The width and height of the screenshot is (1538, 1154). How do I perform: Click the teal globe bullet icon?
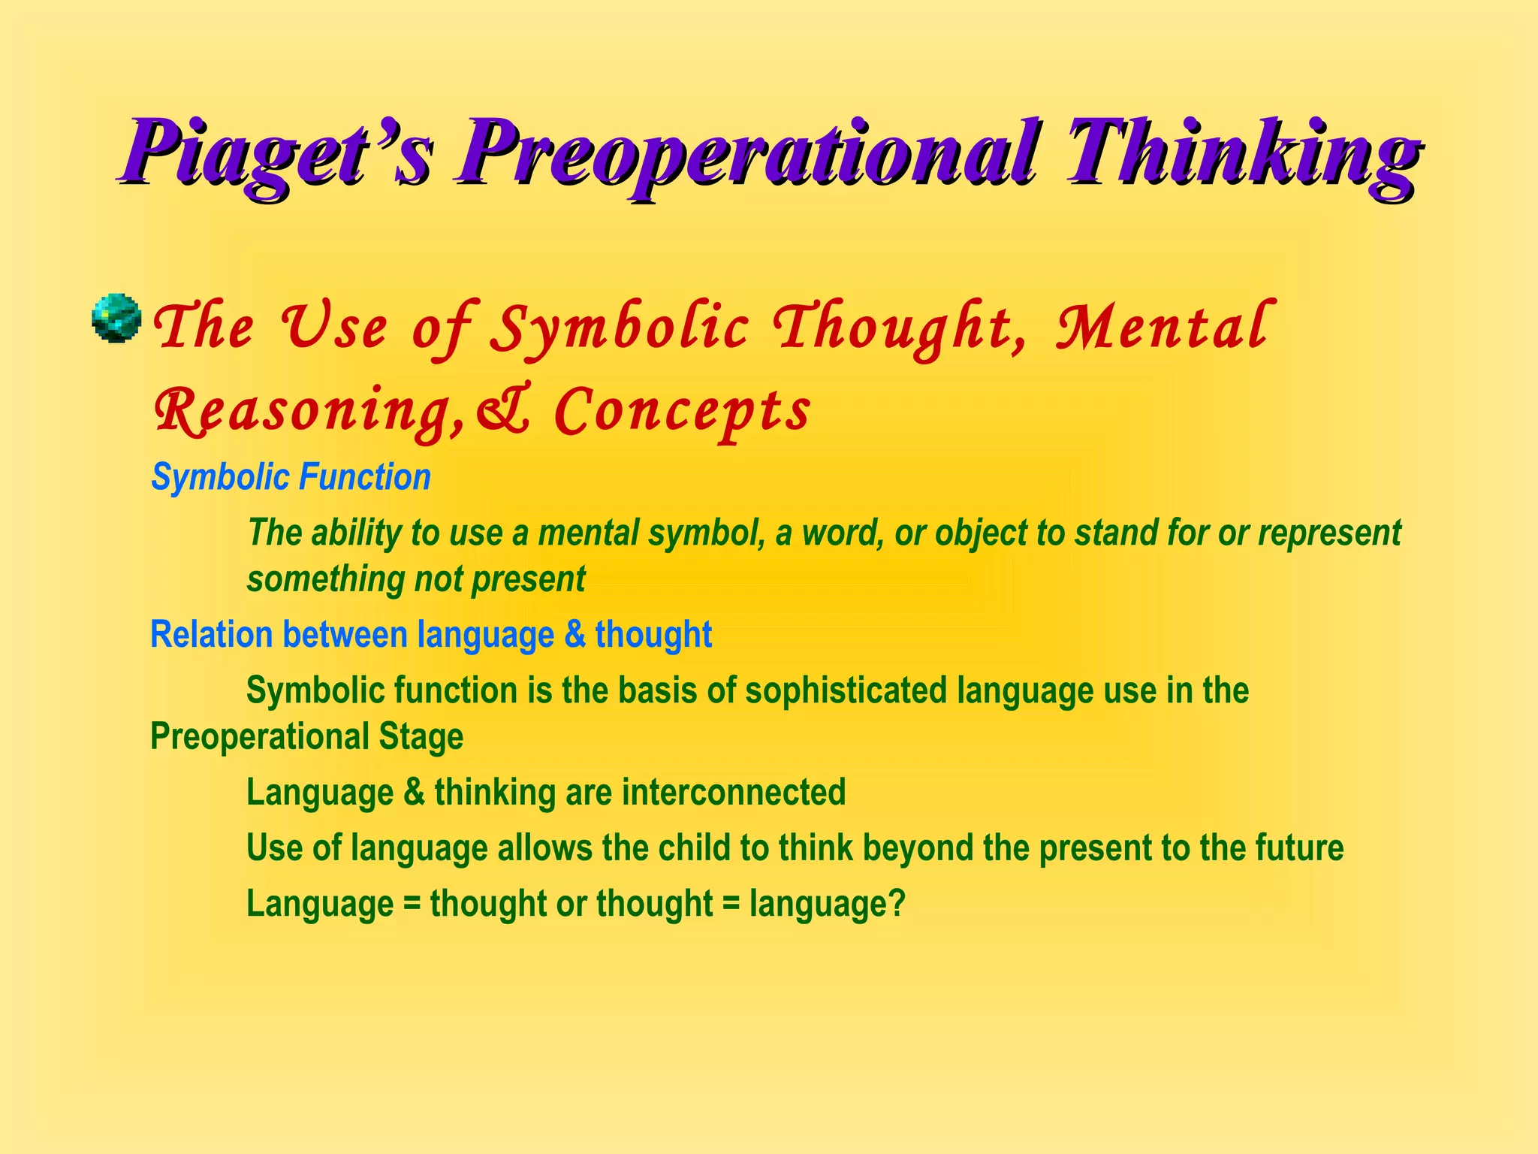pyautogui.click(x=116, y=319)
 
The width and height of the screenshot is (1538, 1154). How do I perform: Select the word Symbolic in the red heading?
pyautogui.click(x=620, y=329)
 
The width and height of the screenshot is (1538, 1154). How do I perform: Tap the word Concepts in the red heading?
pyautogui.click(x=682, y=412)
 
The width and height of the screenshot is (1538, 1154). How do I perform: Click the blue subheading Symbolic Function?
pyautogui.click(x=291, y=478)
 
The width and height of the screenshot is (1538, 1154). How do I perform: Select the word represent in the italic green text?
pyautogui.click(x=1329, y=533)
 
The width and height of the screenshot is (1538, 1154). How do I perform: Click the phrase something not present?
pyautogui.click(x=416, y=579)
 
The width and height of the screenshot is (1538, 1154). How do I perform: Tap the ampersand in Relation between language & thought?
pyautogui.click(x=574, y=635)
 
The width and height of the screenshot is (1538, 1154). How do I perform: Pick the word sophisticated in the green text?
pyautogui.click(x=846, y=690)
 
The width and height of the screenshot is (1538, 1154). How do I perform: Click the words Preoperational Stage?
pyautogui.click(x=306, y=736)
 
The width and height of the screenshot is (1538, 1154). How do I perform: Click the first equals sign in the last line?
pyautogui.click(x=412, y=905)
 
